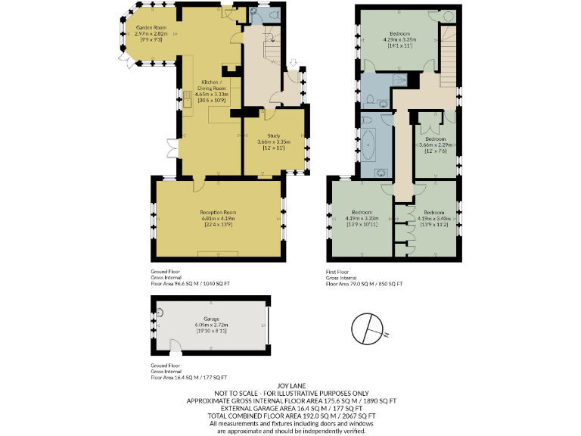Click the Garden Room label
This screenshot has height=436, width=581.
150,28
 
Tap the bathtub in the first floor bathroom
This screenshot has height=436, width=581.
370,144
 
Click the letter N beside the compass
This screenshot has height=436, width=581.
385,334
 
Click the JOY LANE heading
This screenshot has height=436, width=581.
290,385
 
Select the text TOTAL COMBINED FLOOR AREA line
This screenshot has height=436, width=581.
290,416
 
